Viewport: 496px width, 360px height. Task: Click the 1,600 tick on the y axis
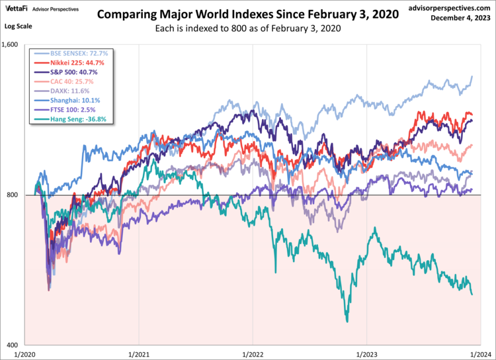pyautogui.click(x=13, y=46)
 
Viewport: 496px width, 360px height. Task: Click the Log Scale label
pyautogui.click(x=18, y=24)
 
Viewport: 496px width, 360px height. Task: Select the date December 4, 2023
pyautogui.click(x=461, y=19)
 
